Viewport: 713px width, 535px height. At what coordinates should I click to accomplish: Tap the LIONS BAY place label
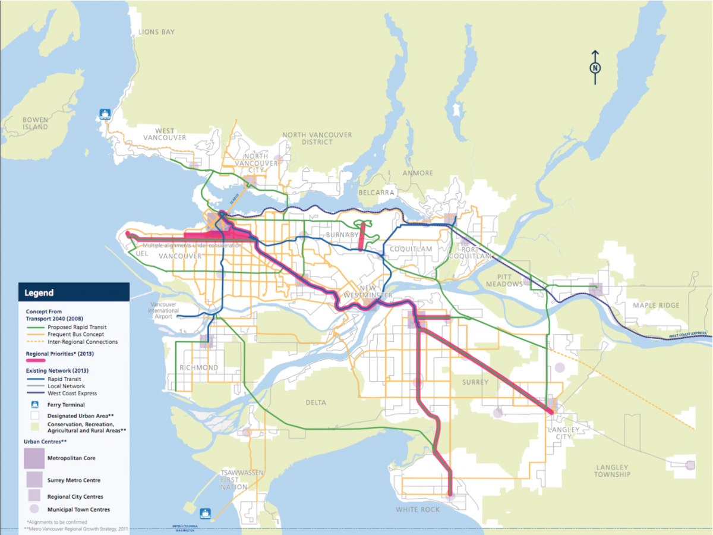coord(156,32)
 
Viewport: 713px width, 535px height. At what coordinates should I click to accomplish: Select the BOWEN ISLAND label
coord(35,123)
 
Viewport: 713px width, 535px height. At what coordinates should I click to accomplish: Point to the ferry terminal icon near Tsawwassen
coord(206,512)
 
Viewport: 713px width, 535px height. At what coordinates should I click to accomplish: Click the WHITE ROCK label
coord(418,509)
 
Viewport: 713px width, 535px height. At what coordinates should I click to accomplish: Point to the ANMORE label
coord(418,173)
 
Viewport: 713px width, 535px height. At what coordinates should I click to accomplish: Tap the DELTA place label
coord(316,402)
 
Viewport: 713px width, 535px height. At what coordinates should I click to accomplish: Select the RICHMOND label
coord(199,367)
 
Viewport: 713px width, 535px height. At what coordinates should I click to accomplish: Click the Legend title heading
coord(39,292)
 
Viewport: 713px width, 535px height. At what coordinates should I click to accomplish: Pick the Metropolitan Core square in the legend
coord(34,458)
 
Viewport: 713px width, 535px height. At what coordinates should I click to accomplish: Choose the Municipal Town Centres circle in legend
coord(34,509)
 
